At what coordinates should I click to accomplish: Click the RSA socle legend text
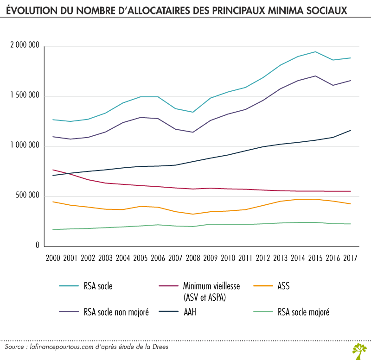pos(98,286)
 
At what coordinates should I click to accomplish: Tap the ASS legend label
pos(282,286)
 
